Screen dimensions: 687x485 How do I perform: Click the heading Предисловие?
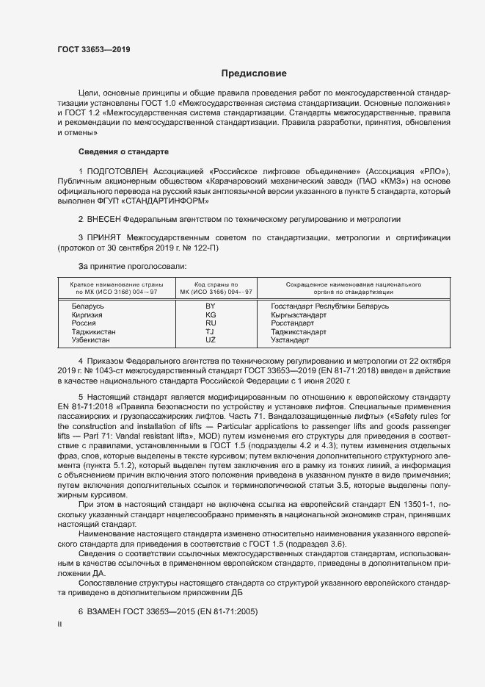tap(254, 73)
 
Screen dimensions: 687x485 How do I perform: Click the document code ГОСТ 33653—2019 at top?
tap(94, 50)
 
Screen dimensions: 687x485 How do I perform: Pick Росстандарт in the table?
tap(292, 323)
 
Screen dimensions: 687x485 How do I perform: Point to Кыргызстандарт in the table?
tap(298, 314)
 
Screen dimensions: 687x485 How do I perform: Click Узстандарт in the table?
tap(291, 341)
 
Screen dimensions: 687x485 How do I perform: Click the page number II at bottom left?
tap(59, 624)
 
